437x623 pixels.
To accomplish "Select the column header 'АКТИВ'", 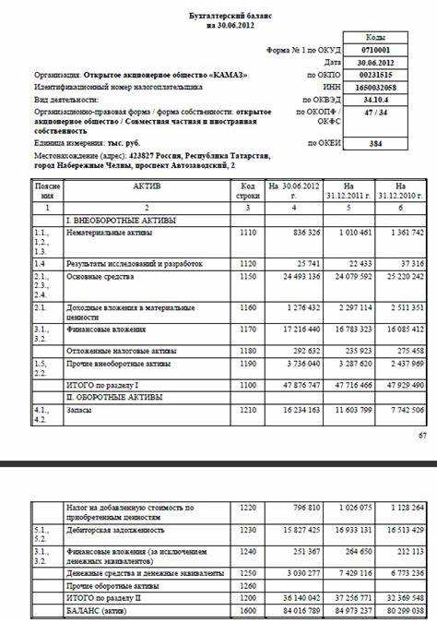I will click(x=146, y=186).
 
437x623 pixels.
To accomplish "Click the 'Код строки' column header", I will click(x=245, y=191).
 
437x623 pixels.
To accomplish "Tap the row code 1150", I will click(x=245, y=276).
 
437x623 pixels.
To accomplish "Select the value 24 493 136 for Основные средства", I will click(x=291, y=276).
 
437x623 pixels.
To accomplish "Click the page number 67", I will click(x=423, y=434).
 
